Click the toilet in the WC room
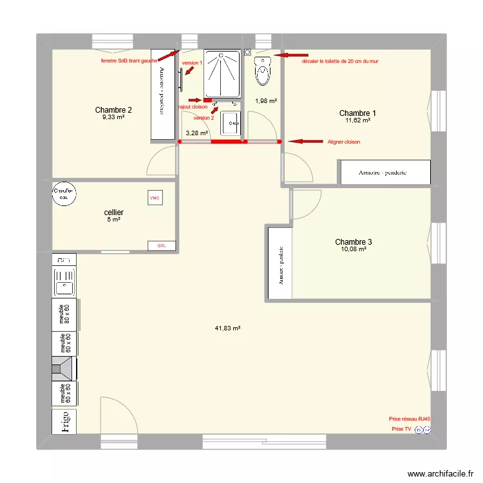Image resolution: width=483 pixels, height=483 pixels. pyautogui.click(x=262, y=71)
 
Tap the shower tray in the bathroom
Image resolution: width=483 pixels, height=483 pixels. pyautogui.click(x=222, y=73)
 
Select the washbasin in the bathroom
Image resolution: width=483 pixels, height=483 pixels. pyautogui.click(x=231, y=122)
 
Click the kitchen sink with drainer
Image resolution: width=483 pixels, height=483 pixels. pyautogui.click(x=64, y=283)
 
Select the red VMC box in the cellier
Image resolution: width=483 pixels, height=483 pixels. pyautogui.click(x=155, y=198)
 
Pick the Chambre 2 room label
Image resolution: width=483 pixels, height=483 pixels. pyautogui.click(x=113, y=109)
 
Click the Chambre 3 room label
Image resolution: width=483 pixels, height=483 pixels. pyautogui.click(x=354, y=242)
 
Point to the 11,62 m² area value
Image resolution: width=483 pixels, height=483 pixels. pyautogui.click(x=357, y=120)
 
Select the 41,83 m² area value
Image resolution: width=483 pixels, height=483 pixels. pyautogui.click(x=227, y=328)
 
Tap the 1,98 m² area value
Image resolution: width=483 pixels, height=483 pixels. pyautogui.click(x=266, y=100)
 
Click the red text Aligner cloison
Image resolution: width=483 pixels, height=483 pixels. pyautogui.click(x=343, y=142)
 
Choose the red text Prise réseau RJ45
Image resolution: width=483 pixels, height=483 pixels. pyautogui.click(x=410, y=419)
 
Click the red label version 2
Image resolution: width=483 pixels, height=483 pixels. pyautogui.click(x=204, y=118)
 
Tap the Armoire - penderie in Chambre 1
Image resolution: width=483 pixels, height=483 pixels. pyautogui.click(x=385, y=173)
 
